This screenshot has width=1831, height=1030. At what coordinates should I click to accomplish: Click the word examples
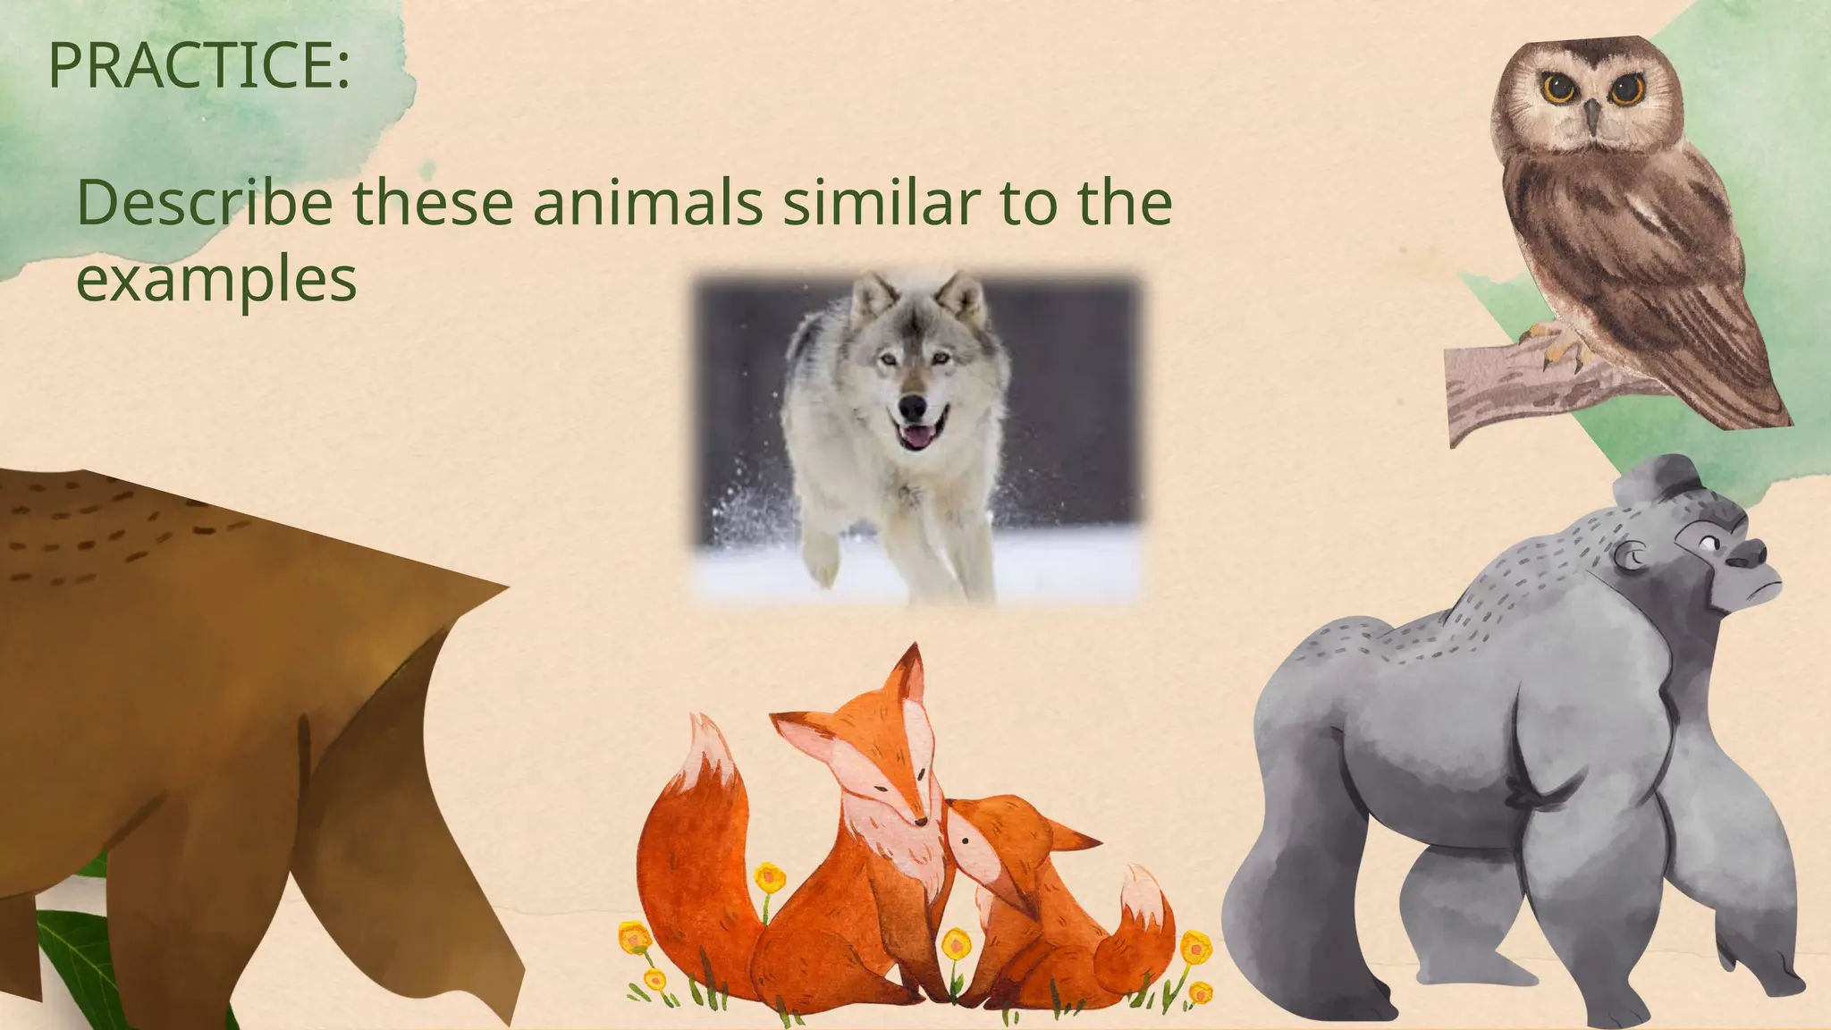[x=216, y=280]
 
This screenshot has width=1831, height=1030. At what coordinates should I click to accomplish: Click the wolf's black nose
[x=912, y=408]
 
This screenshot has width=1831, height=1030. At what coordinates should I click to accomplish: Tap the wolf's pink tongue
[x=914, y=438]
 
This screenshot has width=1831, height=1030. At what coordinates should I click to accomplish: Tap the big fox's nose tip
[x=922, y=820]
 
